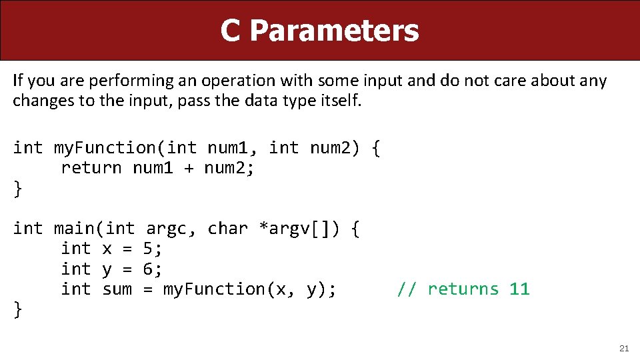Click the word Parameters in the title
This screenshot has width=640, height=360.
tap(335, 31)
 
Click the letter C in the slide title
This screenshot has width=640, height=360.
tap(230, 31)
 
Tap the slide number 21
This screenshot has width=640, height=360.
tap(624, 348)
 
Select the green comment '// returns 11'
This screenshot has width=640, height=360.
tap(463, 289)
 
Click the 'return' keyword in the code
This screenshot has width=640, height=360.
tap(91, 168)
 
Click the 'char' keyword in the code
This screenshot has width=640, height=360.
tap(227, 229)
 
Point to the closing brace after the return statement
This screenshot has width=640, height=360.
tap(17, 189)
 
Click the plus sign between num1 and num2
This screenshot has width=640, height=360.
tap(189, 169)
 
